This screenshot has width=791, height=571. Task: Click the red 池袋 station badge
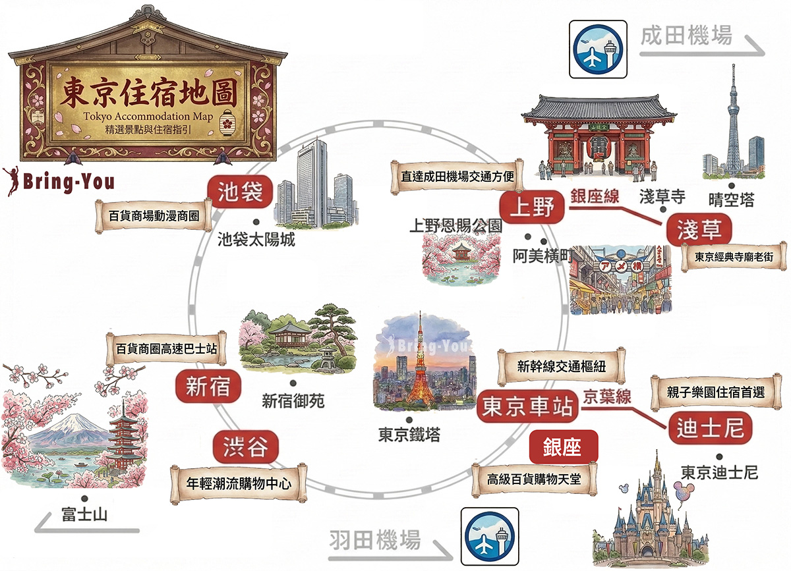(240, 192)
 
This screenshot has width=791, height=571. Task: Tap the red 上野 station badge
(532, 207)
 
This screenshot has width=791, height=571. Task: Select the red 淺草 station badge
(699, 230)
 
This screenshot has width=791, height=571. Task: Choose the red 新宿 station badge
(208, 386)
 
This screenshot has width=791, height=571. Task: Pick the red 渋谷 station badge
(245, 447)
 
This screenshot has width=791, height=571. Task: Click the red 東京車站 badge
(527, 406)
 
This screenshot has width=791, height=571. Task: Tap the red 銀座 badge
(563, 447)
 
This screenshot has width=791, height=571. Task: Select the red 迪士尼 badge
(711, 428)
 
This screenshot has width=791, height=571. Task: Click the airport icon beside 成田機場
(598, 49)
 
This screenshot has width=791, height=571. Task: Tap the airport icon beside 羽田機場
(490, 536)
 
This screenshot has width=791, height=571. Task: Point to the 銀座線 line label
(595, 196)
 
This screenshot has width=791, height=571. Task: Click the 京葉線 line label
(607, 396)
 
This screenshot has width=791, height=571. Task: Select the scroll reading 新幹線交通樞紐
(562, 367)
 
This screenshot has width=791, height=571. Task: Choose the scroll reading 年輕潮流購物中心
(239, 483)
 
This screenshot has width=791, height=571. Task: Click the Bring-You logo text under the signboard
(69, 182)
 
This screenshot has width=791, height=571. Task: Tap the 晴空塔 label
(731, 200)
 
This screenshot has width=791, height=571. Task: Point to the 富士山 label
(84, 514)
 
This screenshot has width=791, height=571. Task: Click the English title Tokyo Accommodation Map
(148, 116)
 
